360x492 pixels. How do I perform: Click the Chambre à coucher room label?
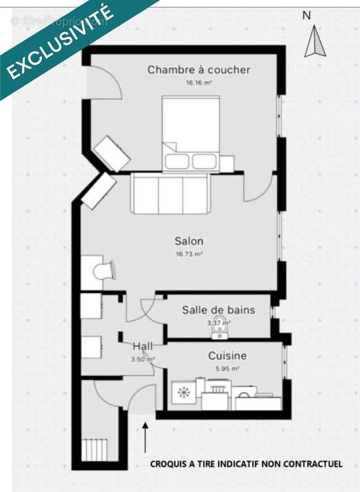click(198, 70)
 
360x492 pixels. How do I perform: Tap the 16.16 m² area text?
click(198, 82)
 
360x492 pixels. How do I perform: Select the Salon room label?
click(189, 241)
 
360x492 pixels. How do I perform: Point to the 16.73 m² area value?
click(189, 253)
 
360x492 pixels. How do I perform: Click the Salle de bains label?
click(218, 310)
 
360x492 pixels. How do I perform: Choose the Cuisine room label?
click(227, 356)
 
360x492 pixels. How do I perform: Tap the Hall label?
click(143, 347)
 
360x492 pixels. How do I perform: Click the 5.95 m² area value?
click(227, 368)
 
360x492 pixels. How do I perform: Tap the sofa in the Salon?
click(171, 193)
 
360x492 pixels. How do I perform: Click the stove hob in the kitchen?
click(183, 392)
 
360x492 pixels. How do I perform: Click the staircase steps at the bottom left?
click(95, 449)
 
